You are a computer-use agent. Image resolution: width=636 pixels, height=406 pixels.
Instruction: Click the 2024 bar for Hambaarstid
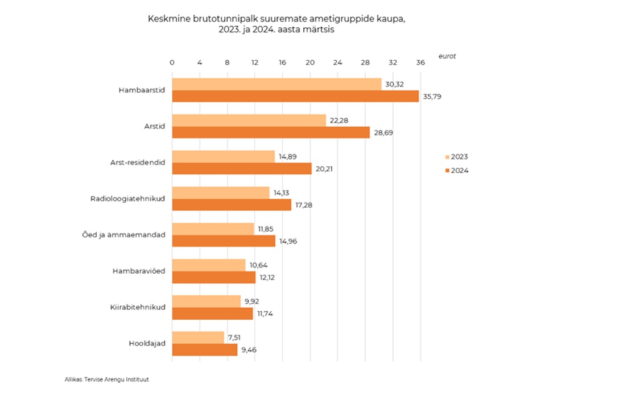295,97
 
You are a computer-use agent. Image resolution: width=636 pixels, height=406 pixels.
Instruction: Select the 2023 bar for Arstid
249,120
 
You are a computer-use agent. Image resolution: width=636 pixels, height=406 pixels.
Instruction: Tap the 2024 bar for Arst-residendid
242,169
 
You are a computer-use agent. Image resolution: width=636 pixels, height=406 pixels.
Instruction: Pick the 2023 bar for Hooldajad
198,338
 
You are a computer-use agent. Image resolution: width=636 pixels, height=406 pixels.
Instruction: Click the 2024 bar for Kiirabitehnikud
212,313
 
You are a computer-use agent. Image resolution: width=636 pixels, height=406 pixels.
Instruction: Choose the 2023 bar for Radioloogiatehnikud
221,193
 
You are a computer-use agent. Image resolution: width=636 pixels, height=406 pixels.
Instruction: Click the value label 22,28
340,120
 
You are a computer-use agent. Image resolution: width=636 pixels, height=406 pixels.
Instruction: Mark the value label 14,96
288,241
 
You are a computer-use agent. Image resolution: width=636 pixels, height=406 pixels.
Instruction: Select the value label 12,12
268,278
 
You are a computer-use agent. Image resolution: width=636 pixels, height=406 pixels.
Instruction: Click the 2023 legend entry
456,157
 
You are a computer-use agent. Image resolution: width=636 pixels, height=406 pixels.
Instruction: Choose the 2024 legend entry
456,170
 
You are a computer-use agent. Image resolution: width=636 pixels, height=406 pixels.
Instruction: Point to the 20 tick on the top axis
310,62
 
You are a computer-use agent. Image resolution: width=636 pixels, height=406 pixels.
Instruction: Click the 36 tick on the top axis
420,62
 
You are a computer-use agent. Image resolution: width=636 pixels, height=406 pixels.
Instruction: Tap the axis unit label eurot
447,56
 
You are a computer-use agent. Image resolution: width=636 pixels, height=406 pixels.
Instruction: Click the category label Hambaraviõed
139,271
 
